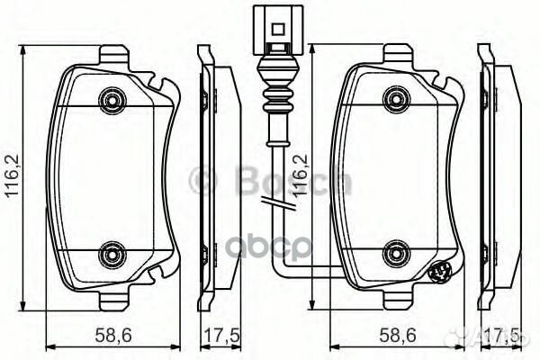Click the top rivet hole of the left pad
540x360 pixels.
tap(111, 97)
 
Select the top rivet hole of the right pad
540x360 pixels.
tap(391, 97)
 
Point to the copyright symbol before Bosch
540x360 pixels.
tap(203, 181)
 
